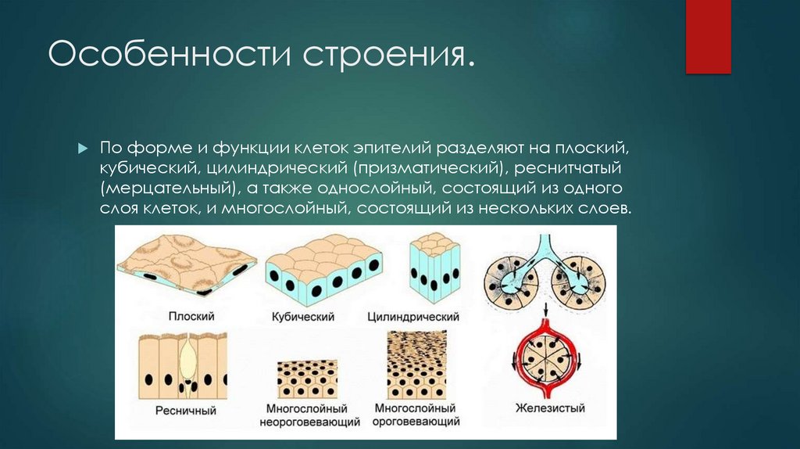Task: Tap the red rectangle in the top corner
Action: [708, 37]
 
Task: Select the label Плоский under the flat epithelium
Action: [191, 317]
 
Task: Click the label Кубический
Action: [304, 317]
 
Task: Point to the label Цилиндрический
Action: [412, 317]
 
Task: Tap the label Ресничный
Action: [185, 410]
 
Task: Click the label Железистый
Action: [549, 408]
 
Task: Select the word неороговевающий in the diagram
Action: [309, 422]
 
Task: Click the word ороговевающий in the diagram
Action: [416, 422]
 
